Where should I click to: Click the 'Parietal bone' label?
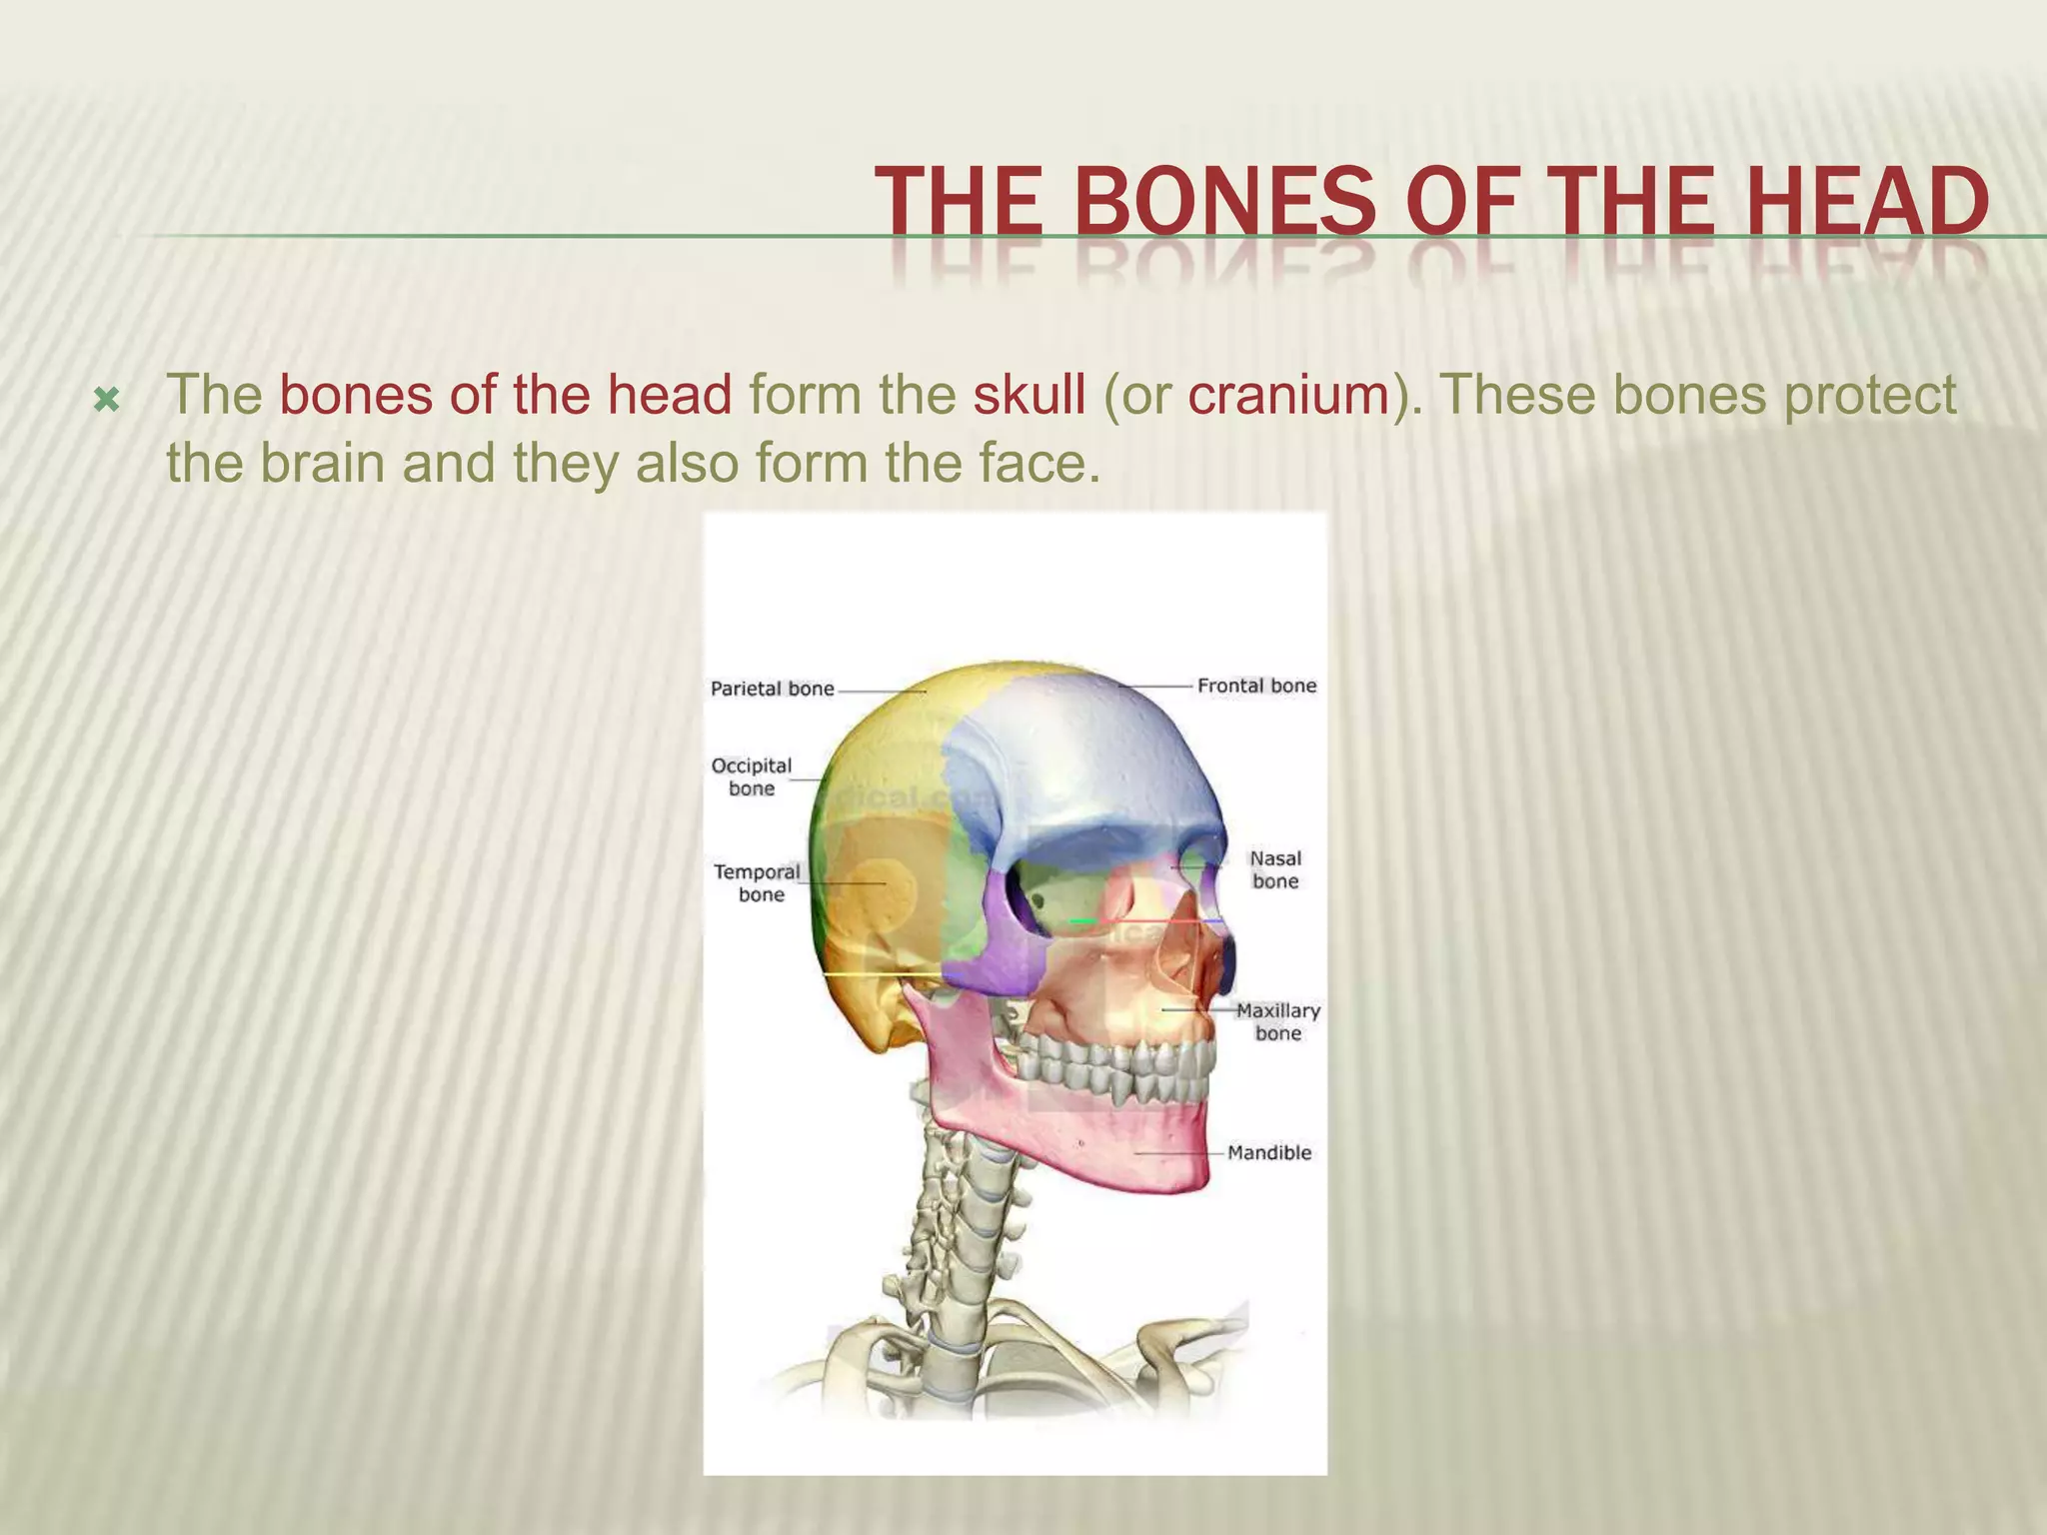pos(772,689)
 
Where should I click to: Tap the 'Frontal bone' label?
pos(1256,686)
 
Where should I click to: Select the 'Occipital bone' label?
pos(751,776)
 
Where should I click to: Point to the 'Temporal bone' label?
pos(757,882)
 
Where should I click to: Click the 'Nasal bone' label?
pos(1275,869)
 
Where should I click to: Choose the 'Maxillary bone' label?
pos(1277,1021)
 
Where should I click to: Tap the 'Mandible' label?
pos(1268,1152)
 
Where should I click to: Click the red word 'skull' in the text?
pos(1028,395)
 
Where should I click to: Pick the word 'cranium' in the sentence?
pos(1289,395)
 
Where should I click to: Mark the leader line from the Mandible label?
pos(1179,1152)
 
